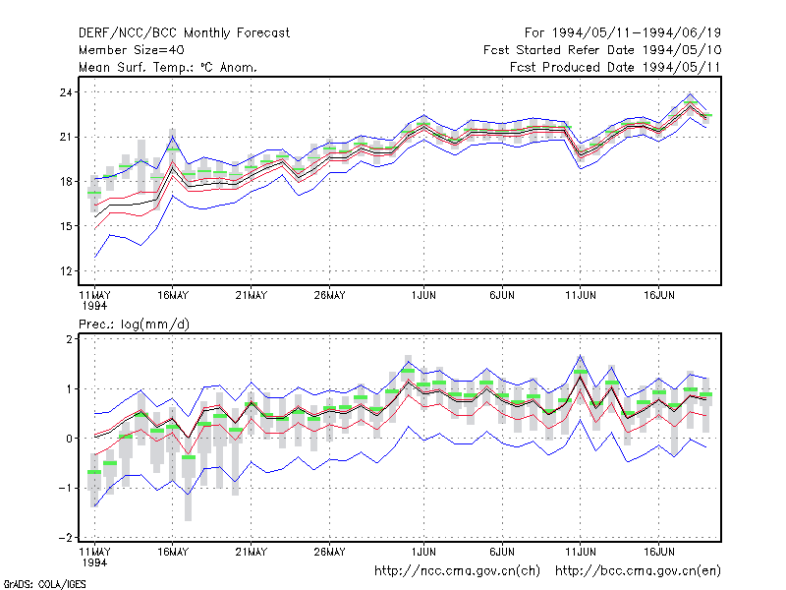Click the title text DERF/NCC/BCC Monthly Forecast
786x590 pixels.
tap(184, 33)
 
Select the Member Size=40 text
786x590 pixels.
tap(132, 50)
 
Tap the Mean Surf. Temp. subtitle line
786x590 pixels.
tap(167, 67)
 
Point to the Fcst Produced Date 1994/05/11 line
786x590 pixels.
tap(615, 67)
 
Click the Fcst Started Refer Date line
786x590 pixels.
tap(602, 50)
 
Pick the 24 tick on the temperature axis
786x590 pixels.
tap(66, 92)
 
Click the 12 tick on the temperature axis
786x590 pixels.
tap(66, 271)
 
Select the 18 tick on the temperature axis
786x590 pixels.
tap(66, 182)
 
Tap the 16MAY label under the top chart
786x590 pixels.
tap(173, 296)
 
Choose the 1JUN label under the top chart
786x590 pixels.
tap(423, 296)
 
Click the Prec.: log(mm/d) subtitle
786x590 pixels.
tap(134, 324)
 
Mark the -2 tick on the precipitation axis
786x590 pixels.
tap(65, 538)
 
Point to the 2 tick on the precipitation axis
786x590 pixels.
tap(69, 339)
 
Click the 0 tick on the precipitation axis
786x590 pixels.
tap(69, 439)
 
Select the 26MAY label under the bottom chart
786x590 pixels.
tap(329, 552)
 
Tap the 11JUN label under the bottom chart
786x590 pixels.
tap(581, 552)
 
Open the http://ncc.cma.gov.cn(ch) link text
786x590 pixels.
tap(457, 571)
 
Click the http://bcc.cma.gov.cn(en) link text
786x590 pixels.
tap(638, 571)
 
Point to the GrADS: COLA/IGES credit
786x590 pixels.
tap(44, 584)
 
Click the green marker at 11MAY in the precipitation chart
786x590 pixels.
tap(94, 472)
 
